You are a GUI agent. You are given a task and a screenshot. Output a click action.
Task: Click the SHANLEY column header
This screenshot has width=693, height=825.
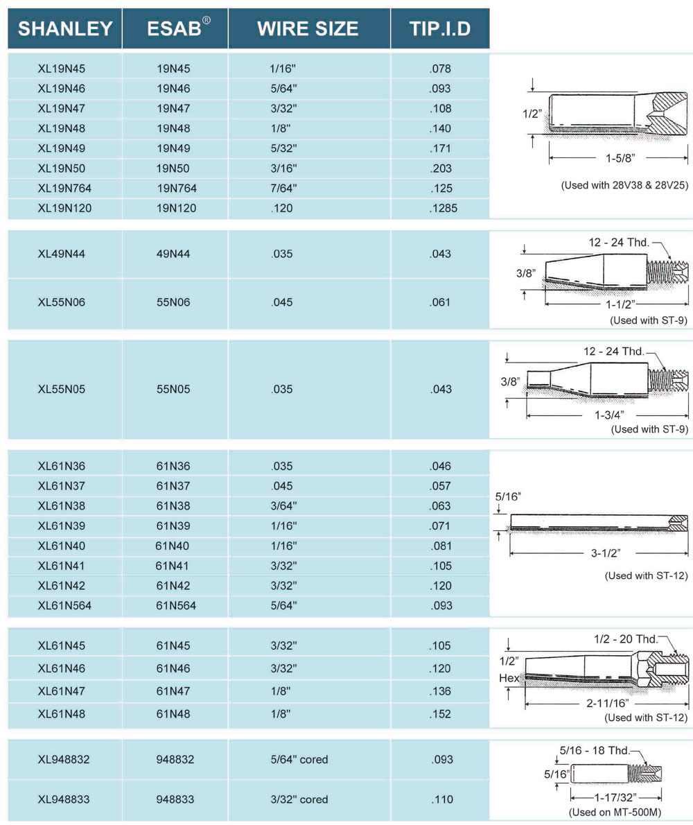pos(65,28)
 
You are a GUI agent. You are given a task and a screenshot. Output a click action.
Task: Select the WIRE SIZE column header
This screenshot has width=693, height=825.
pos(308,28)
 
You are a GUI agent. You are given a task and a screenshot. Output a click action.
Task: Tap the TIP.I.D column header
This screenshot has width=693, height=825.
pos(440,28)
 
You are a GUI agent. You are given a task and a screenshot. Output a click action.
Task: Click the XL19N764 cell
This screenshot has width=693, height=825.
pos(64,189)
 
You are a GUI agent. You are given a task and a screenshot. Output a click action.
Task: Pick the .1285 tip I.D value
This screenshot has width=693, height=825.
pos(440,208)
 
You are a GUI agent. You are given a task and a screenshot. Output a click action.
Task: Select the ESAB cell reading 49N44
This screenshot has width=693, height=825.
pos(173,254)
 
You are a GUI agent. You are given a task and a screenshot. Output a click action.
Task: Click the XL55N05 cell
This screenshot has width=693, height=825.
pos(62,389)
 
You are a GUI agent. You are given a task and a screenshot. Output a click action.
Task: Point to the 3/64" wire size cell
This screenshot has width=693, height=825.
pos(282,506)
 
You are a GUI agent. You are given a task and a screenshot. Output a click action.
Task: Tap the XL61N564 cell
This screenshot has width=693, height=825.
pos(64,606)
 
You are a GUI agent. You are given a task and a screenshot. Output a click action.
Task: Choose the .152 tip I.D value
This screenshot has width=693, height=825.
pos(440,713)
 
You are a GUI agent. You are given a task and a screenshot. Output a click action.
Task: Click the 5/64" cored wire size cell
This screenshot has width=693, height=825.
pos(299,760)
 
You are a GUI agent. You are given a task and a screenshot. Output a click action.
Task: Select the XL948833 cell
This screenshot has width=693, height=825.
pos(64,799)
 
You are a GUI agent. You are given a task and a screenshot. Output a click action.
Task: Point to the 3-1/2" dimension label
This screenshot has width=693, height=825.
pos(599,553)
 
